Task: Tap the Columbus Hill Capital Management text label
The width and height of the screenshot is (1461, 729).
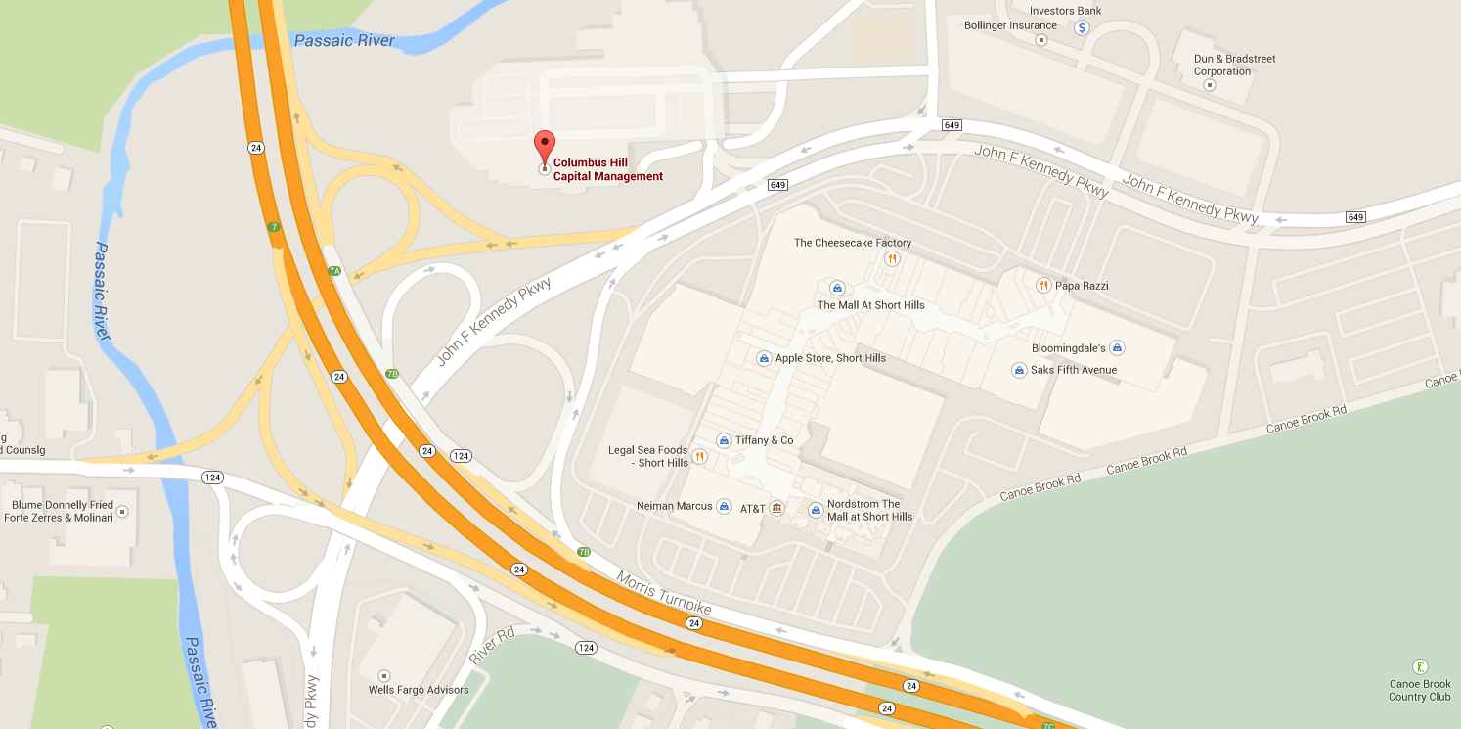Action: pyautogui.click(x=607, y=169)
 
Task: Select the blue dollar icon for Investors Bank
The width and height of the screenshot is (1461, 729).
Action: pyautogui.click(x=1082, y=27)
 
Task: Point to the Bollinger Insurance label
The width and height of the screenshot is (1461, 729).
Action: pyautogui.click(x=1010, y=25)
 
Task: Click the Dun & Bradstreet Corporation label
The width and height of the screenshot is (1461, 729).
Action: pyautogui.click(x=1234, y=65)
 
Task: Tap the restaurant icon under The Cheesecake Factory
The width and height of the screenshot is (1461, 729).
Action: pyautogui.click(x=892, y=259)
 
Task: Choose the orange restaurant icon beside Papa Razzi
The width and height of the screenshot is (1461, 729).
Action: pyautogui.click(x=1043, y=285)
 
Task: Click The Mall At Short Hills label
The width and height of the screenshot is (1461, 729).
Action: pyautogui.click(x=870, y=305)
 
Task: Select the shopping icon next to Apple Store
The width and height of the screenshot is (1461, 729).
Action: pyautogui.click(x=764, y=358)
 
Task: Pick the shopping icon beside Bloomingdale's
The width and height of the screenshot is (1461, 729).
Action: pyautogui.click(x=1118, y=348)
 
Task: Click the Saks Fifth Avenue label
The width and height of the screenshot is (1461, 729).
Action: pyautogui.click(x=1073, y=370)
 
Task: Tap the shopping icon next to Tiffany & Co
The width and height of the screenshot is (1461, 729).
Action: pyautogui.click(x=724, y=440)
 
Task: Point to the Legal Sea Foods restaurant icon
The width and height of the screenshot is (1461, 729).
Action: pyautogui.click(x=699, y=456)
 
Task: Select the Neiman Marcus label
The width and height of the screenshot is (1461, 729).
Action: pyautogui.click(x=674, y=506)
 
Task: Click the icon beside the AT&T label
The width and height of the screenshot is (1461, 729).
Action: pyautogui.click(x=776, y=509)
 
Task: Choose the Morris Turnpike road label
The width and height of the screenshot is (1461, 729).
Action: pyautogui.click(x=663, y=593)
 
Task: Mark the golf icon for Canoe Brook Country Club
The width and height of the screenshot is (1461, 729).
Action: pyautogui.click(x=1419, y=665)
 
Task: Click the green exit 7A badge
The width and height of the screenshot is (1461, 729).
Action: pyautogui.click(x=334, y=271)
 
